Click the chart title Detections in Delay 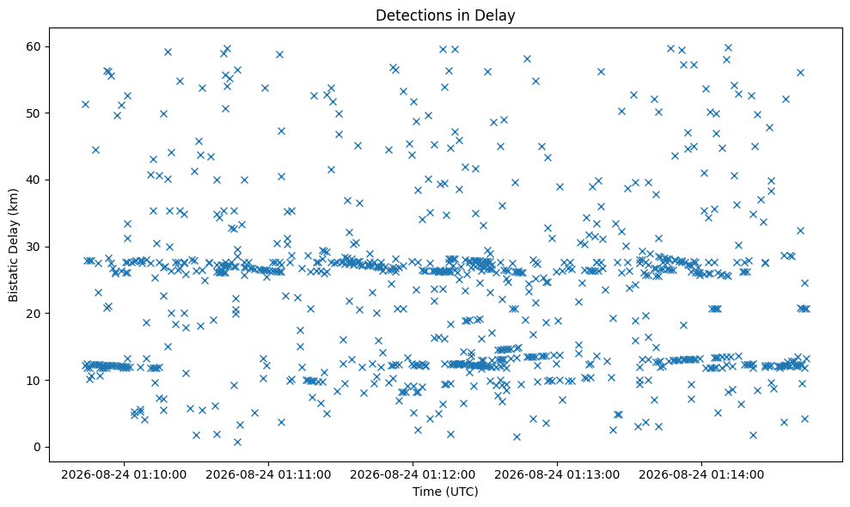[445, 15]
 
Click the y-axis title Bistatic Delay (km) [13, 245]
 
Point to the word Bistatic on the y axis [13, 278]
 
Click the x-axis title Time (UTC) [445, 492]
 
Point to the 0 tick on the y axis [38, 448]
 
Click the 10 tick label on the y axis [34, 380]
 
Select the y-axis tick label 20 [34, 314]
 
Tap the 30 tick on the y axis [34, 247]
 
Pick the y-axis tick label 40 [34, 180]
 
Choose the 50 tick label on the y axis [34, 113]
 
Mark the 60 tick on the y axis [34, 46]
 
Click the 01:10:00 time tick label [124, 475]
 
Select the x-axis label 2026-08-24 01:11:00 [268, 475]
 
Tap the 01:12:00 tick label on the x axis [413, 475]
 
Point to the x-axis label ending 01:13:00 [557, 475]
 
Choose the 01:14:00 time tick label [701, 475]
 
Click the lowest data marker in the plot [237, 442]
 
